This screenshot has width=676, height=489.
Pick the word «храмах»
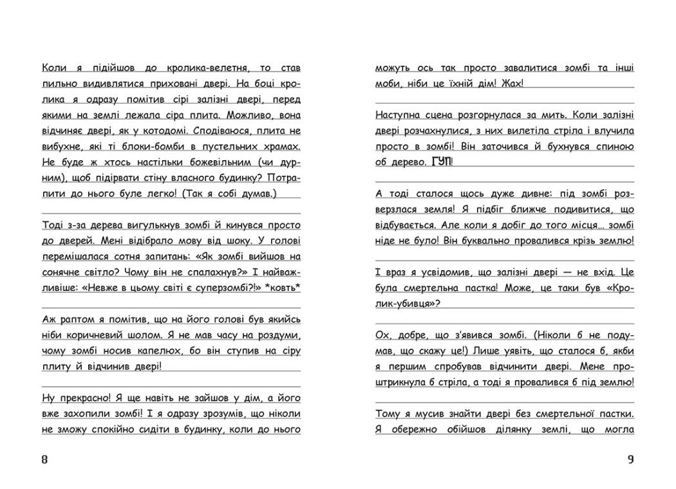coord(281,146)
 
